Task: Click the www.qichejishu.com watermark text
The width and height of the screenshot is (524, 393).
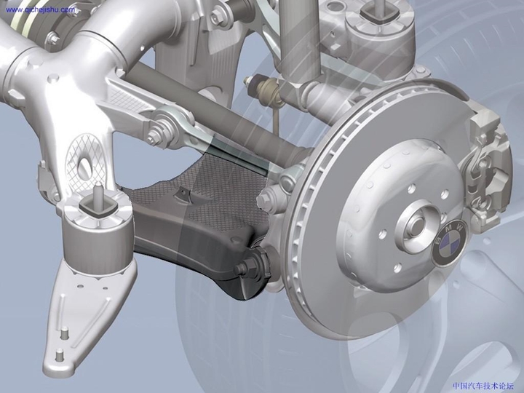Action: (x=39, y=10)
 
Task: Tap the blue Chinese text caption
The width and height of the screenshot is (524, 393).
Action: (x=483, y=386)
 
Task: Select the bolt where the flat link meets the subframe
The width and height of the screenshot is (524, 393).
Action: (x=157, y=135)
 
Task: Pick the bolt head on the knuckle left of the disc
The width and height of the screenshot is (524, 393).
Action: (x=267, y=198)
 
